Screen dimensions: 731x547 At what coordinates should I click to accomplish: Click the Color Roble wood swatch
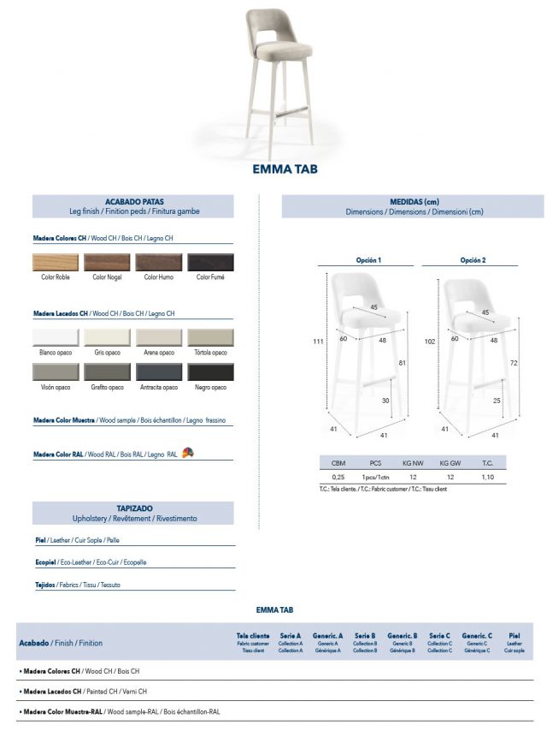tap(56, 262)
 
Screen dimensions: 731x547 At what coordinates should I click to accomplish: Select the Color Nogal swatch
tap(107, 262)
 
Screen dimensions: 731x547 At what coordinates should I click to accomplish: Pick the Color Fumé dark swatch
tap(210, 262)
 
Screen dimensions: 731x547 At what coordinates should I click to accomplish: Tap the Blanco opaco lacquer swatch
tap(56, 338)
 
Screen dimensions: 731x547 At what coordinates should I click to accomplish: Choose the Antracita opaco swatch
tap(159, 371)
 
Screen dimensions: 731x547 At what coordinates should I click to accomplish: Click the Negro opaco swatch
tap(210, 371)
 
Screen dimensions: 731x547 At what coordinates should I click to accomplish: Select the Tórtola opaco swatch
tap(210, 338)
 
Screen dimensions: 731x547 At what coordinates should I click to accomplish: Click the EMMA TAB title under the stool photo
tap(285, 169)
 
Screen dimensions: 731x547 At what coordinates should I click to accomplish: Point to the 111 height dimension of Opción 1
tap(317, 341)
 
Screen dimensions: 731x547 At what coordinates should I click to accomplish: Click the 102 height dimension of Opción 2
tap(430, 341)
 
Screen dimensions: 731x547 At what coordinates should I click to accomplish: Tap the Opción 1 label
tap(368, 259)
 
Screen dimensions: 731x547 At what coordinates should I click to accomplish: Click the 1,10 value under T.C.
tap(487, 476)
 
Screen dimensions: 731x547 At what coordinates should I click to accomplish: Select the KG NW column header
tap(413, 462)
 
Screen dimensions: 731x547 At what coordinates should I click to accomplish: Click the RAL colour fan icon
tap(188, 453)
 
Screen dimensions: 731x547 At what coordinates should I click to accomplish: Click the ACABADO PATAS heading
tap(133, 201)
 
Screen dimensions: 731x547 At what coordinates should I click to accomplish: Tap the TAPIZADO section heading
tap(133, 508)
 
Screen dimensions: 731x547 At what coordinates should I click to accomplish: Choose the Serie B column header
tap(365, 636)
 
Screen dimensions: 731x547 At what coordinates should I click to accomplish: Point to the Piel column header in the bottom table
tap(514, 636)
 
